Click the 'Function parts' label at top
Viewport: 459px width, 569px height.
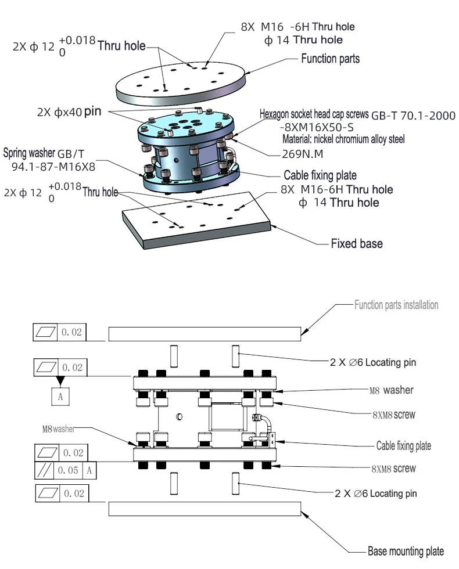[330, 59]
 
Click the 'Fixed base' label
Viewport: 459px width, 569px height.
[356, 244]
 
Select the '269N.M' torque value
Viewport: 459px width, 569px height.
[302, 155]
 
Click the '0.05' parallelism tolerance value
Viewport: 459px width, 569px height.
[70, 471]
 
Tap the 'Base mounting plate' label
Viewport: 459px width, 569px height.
[406, 551]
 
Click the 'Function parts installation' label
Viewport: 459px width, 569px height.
[396, 304]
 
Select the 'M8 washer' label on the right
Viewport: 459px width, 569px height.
[391, 390]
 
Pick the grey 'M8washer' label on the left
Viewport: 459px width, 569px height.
[60, 429]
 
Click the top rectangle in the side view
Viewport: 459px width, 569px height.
[205, 333]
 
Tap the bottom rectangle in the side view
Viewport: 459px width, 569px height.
[205, 509]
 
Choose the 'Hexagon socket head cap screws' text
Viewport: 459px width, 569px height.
[314, 114]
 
